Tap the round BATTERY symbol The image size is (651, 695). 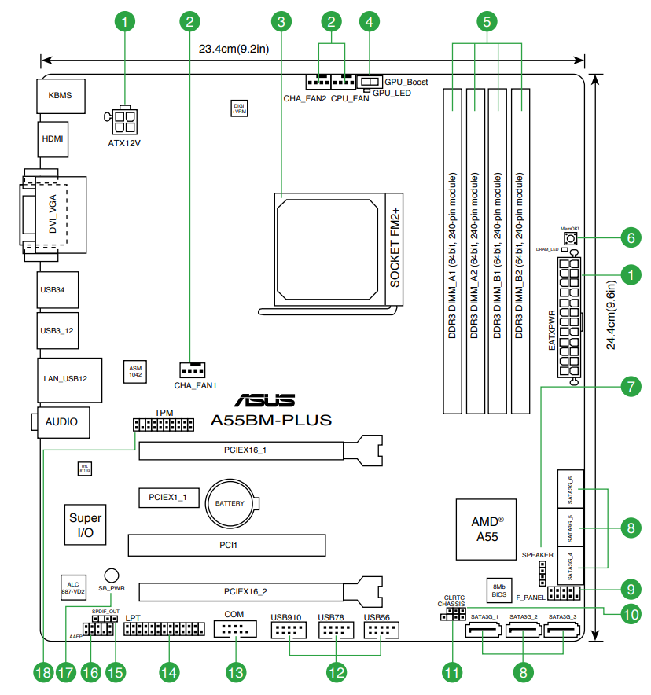[230, 504]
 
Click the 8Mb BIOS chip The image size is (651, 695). [499, 590]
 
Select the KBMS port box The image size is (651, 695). [60, 95]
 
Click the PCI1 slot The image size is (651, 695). [226, 544]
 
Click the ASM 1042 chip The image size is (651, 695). [135, 372]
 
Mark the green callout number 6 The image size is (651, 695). [629, 237]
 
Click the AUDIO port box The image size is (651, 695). [62, 422]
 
